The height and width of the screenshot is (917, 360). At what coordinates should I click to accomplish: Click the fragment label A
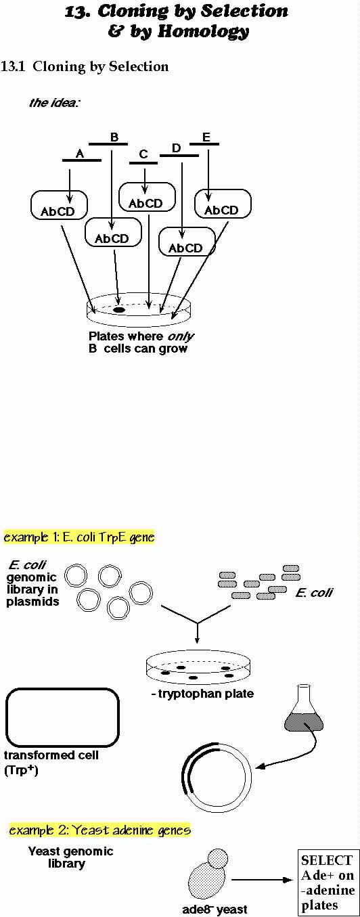(80, 154)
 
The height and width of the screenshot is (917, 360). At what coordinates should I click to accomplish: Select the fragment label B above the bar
(114, 137)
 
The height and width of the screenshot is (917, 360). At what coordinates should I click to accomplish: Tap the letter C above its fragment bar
(143, 154)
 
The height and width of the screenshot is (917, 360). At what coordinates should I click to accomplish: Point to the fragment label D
(176, 148)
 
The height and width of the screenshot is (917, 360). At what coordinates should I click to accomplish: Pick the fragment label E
(206, 137)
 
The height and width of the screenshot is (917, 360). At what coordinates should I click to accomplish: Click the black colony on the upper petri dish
(119, 310)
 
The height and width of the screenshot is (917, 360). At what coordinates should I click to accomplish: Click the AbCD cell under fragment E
(223, 204)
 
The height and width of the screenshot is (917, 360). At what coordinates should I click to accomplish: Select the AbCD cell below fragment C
(147, 196)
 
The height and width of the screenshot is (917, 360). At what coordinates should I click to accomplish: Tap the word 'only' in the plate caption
(181, 336)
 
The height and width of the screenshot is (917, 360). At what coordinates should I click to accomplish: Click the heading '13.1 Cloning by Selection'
(85, 66)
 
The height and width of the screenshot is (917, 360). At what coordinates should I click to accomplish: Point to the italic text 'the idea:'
(53, 102)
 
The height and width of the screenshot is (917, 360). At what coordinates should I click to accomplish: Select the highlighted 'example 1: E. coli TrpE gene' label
(79, 537)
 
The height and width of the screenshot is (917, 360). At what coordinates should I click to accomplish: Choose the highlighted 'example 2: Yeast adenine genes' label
(100, 830)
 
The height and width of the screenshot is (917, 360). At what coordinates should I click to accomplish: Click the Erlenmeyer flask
(304, 709)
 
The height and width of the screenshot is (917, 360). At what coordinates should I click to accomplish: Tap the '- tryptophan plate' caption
(202, 694)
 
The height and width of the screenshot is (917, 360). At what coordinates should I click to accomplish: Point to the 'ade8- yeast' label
(215, 909)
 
